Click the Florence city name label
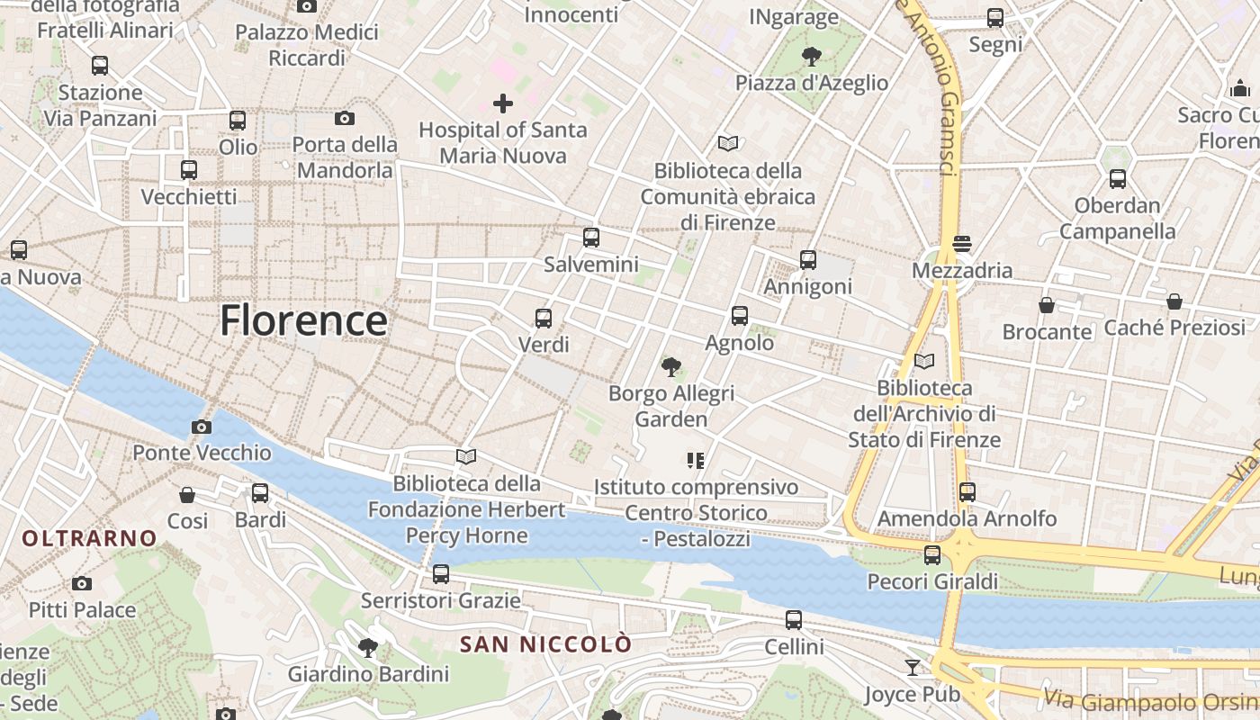[x=303, y=320]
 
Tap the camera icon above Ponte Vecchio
[x=202, y=427]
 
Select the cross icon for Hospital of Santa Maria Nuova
[x=503, y=103]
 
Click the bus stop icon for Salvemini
[x=591, y=238]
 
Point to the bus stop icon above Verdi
[x=544, y=318]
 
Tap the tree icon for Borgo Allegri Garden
[x=670, y=366]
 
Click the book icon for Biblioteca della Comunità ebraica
[x=728, y=143]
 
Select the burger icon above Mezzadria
[x=962, y=244]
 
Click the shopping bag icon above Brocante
[x=1047, y=305]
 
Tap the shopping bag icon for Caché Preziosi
[x=1174, y=301]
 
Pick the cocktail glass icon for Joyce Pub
[x=913, y=667]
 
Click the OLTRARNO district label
[x=89, y=538]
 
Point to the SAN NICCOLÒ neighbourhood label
[x=545, y=644]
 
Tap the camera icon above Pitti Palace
[x=82, y=583]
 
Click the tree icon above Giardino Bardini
[x=367, y=647]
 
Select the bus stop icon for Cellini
[x=794, y=619]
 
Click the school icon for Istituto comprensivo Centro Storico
[x=695, y=461]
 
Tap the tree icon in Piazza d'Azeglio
[x=812, y=57]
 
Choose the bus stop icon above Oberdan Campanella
[x=1118, y=178]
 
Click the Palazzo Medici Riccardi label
[x=306, y=45]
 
